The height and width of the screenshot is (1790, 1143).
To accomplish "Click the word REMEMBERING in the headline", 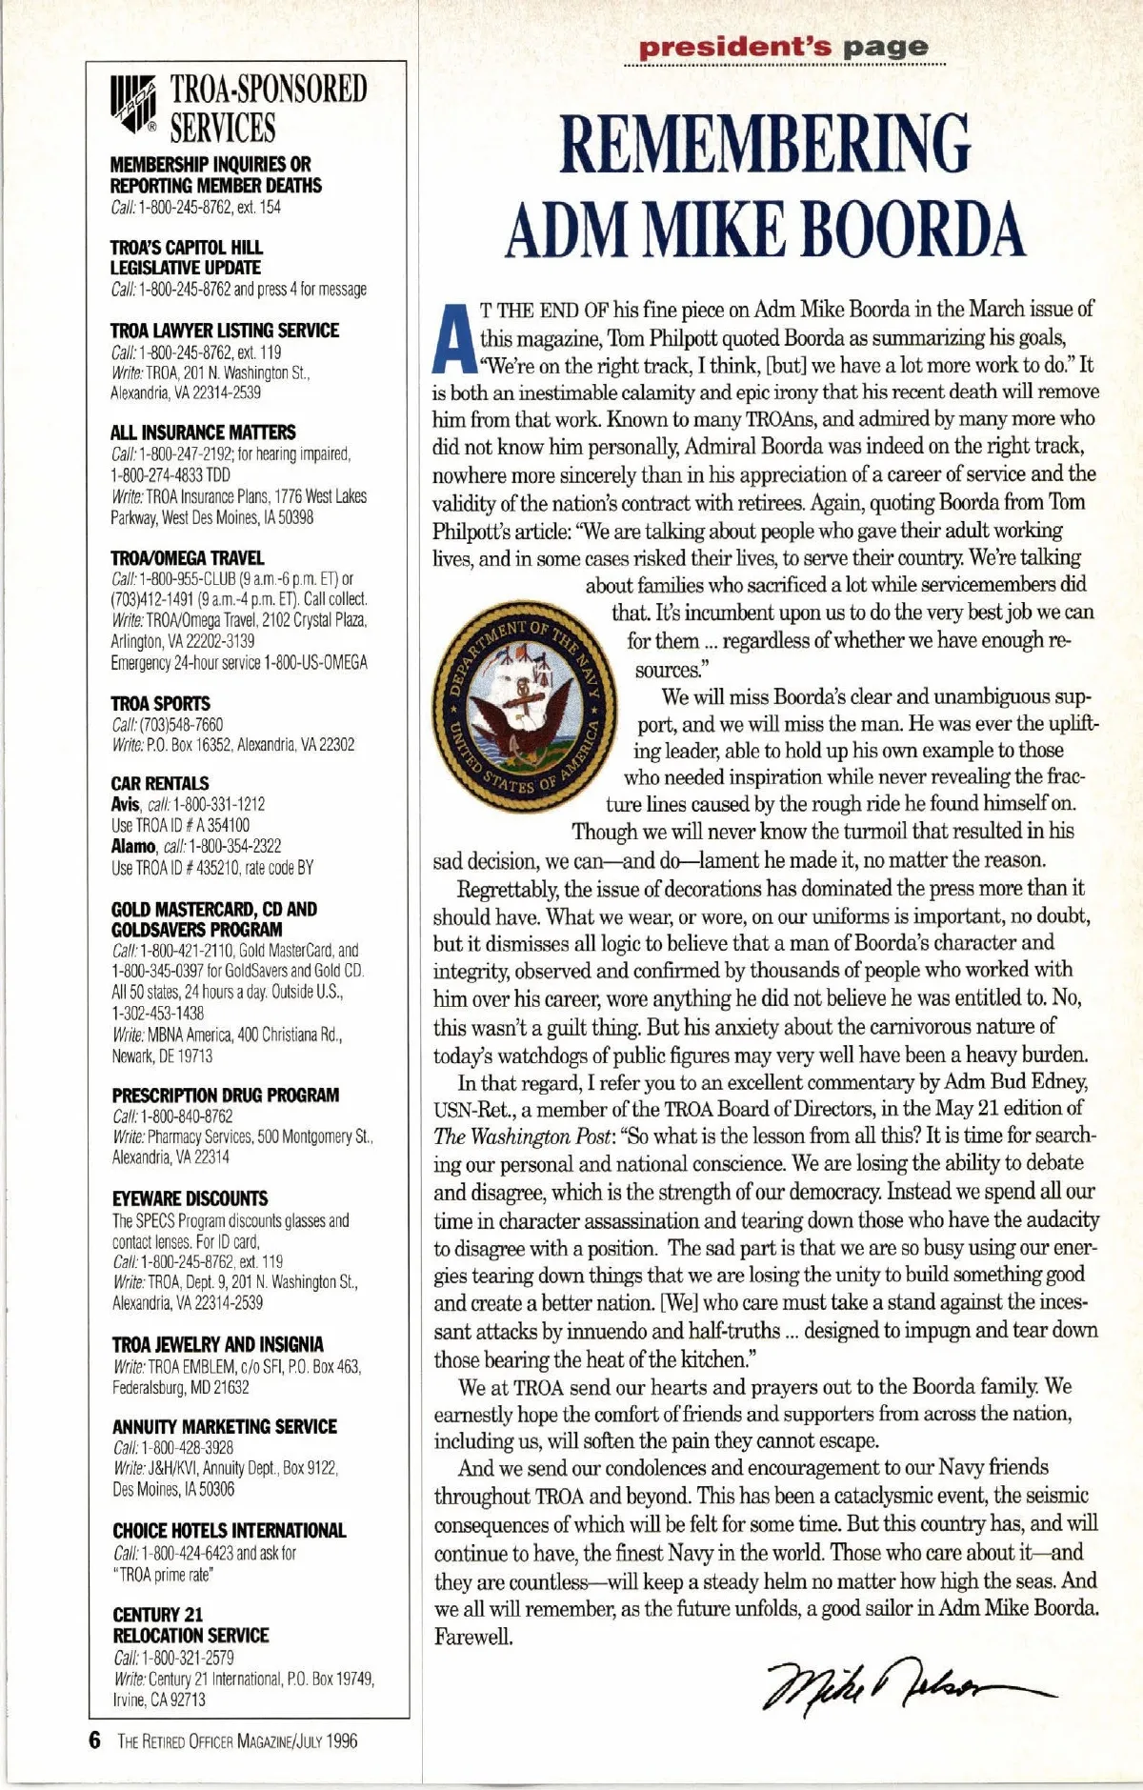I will (x=764, y=145).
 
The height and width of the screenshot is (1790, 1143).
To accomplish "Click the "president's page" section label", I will (x=783, y=47).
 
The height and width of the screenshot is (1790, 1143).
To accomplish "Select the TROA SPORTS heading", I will (x=160, y=703).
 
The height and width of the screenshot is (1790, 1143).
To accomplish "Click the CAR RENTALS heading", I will (x=159, y=783).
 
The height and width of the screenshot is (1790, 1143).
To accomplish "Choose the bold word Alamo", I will (x=132, y=846).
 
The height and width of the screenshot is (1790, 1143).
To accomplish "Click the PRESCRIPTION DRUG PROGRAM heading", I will (x=225, y=1096).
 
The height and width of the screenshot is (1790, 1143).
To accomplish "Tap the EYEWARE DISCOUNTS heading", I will (x=190, y=1198).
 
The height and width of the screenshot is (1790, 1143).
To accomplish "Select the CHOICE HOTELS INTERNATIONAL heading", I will (x=229, y=1531).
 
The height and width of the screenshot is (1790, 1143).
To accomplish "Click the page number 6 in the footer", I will (x=93, y=1740).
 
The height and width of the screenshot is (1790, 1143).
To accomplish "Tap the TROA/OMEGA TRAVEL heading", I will (x=187, y=557).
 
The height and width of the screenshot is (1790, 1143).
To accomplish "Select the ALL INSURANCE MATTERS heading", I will (x=203, y=432).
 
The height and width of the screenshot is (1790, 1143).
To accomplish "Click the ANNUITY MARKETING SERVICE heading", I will (x=224, y=1426).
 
